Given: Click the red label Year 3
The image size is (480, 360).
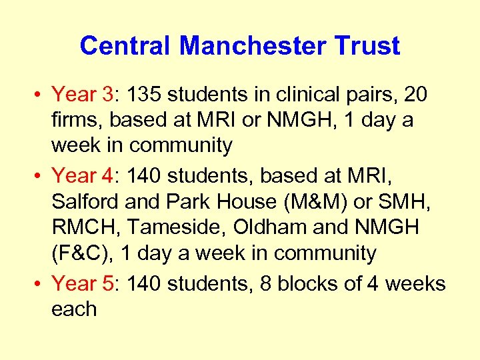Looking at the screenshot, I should tap(83, 95).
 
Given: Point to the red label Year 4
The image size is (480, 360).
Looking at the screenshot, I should tap(83, 176).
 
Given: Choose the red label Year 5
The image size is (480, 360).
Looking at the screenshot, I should tap(83, 284).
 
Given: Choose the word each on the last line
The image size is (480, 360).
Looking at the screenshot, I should tap(74, 309).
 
